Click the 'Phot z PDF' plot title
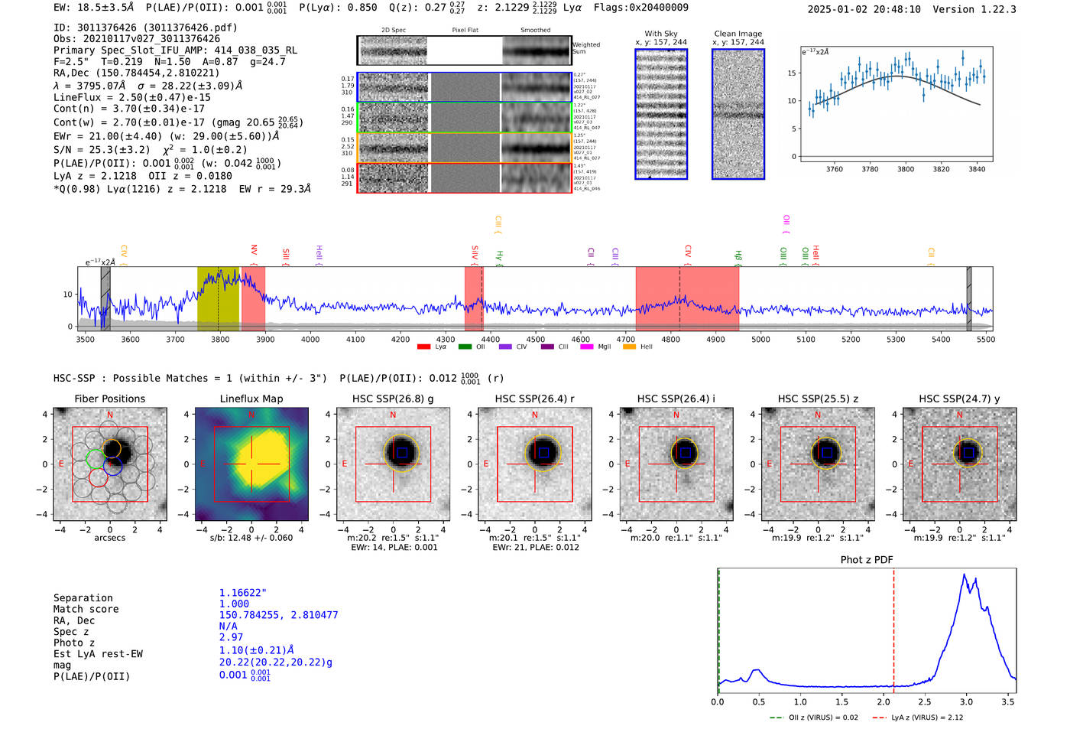[866, 560]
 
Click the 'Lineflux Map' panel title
[251, 399]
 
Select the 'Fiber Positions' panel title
[109, 399]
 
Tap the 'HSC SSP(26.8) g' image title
[392, 399]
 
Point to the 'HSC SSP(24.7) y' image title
[958, 399]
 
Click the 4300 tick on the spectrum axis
[446, 339]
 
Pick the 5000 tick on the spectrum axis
[760, 339]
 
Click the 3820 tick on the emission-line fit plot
[941, 169]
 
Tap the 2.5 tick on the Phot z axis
[925, 701]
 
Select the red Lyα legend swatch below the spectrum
[424, 347]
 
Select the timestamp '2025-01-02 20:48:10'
[864, 9]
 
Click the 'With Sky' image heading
[660, 34]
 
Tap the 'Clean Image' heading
[738, 34]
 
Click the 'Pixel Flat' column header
[465, 31]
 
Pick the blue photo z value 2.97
[231, 637]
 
